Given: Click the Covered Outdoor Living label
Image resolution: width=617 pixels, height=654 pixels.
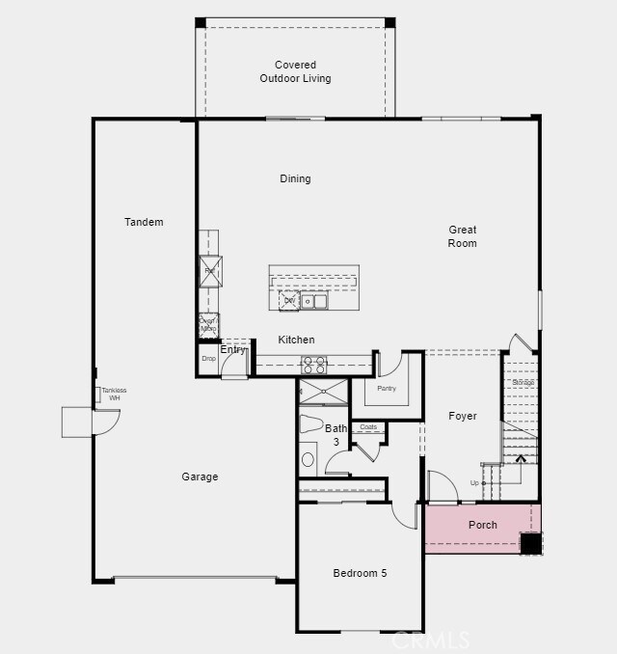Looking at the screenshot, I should [x=295, y=72].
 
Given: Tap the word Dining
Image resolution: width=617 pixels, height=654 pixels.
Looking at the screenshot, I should [x=295, y=178].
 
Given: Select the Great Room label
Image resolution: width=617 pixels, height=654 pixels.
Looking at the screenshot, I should [x=463, y=236].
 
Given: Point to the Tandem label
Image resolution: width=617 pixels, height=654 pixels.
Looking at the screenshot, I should [x=144, y=222].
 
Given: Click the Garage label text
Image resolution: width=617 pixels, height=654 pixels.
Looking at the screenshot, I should [x=200, y=477].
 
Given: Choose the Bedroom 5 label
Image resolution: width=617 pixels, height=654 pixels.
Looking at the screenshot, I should [x=360, y=573].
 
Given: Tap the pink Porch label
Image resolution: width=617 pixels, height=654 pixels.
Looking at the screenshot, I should [x=483, y=525].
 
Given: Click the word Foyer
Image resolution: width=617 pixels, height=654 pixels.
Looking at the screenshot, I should [x=463, y=417].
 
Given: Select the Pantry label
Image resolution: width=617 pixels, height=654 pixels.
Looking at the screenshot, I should [x=387, y=389].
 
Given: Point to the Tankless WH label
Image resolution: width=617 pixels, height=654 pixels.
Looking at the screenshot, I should [x=114, y=395].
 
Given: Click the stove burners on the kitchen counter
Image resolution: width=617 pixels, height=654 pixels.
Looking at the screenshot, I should [x=314, y=365].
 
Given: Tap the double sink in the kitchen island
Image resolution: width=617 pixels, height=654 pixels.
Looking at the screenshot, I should [x=314, y=301].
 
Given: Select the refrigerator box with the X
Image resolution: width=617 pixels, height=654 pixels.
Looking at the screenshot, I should [x=210, y=271].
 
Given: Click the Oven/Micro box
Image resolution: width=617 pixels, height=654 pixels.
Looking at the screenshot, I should [x=208, y=325].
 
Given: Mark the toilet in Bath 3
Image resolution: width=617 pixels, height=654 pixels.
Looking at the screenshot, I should [x=310, y=423].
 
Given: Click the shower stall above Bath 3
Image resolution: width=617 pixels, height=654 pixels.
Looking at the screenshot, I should [x=323, y=392].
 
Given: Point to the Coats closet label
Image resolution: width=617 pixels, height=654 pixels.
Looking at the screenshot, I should [x=367, y=427].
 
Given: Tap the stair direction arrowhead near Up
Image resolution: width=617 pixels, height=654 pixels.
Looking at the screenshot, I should [x=522, y=457].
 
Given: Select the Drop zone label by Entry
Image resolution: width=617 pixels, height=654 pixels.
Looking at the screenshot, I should [x=208, y=359].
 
